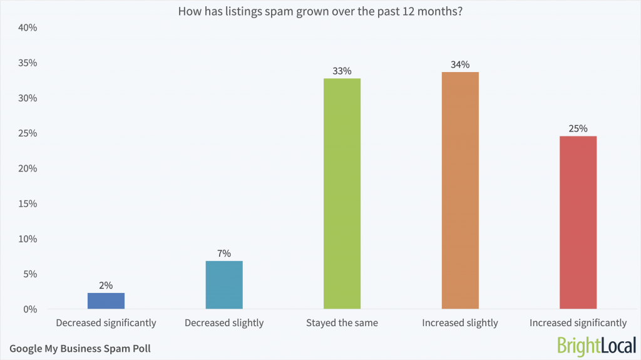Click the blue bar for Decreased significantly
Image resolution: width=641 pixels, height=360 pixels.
[106, 301]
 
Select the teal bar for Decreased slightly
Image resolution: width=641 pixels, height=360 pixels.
[224, 285]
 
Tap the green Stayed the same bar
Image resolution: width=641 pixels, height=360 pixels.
[342, 193]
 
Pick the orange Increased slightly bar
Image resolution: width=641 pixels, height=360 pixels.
[460, 190]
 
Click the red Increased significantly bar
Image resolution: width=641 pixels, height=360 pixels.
[578, 222]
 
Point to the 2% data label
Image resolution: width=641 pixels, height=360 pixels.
[106, 285]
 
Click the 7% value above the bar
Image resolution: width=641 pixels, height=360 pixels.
[224, 254]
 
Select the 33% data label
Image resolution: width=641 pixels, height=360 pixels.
[342, 71]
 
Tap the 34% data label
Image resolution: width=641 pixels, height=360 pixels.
[460, 64]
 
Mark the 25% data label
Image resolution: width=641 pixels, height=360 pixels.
[578, 128]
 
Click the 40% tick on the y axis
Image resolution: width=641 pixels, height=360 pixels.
[28, 28]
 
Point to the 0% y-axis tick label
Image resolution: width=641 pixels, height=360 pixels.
[30, 309]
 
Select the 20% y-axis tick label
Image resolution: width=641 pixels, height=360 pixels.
[28, 168]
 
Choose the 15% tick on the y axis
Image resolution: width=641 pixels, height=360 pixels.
[28, 203]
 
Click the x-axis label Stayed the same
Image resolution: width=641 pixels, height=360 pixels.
[342, 323]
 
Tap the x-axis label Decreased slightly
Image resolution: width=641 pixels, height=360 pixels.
[224, 323]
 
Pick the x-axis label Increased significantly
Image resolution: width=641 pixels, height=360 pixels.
[578, 323]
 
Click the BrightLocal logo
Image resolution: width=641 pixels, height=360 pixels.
[595, 345]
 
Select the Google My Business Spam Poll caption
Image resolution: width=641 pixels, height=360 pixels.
[80, 348]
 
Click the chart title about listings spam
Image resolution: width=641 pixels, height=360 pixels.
[320, 11]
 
